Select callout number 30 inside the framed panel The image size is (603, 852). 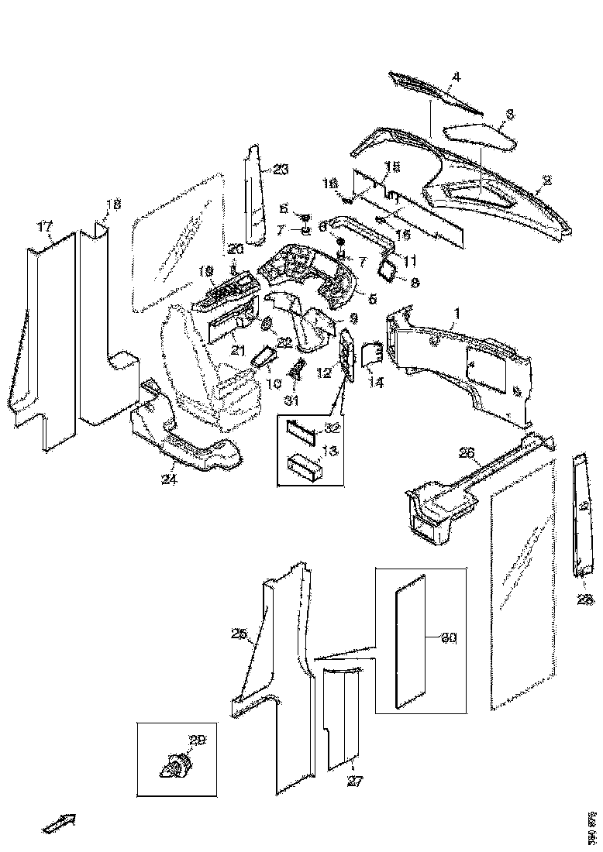pos(449,639)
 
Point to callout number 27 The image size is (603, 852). pos(354,782)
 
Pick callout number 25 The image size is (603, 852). pos(239,634)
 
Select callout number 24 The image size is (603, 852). pos(169,480)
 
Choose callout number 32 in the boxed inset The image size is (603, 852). pos(331,427)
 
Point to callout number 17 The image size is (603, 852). pos(45,226)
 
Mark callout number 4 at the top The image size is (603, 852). pos(457,77)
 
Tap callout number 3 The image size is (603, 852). pos(508,114)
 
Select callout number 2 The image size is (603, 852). pos(546,180)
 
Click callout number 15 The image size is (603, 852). pos(391,167)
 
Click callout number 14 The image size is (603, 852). pos(377,382)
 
